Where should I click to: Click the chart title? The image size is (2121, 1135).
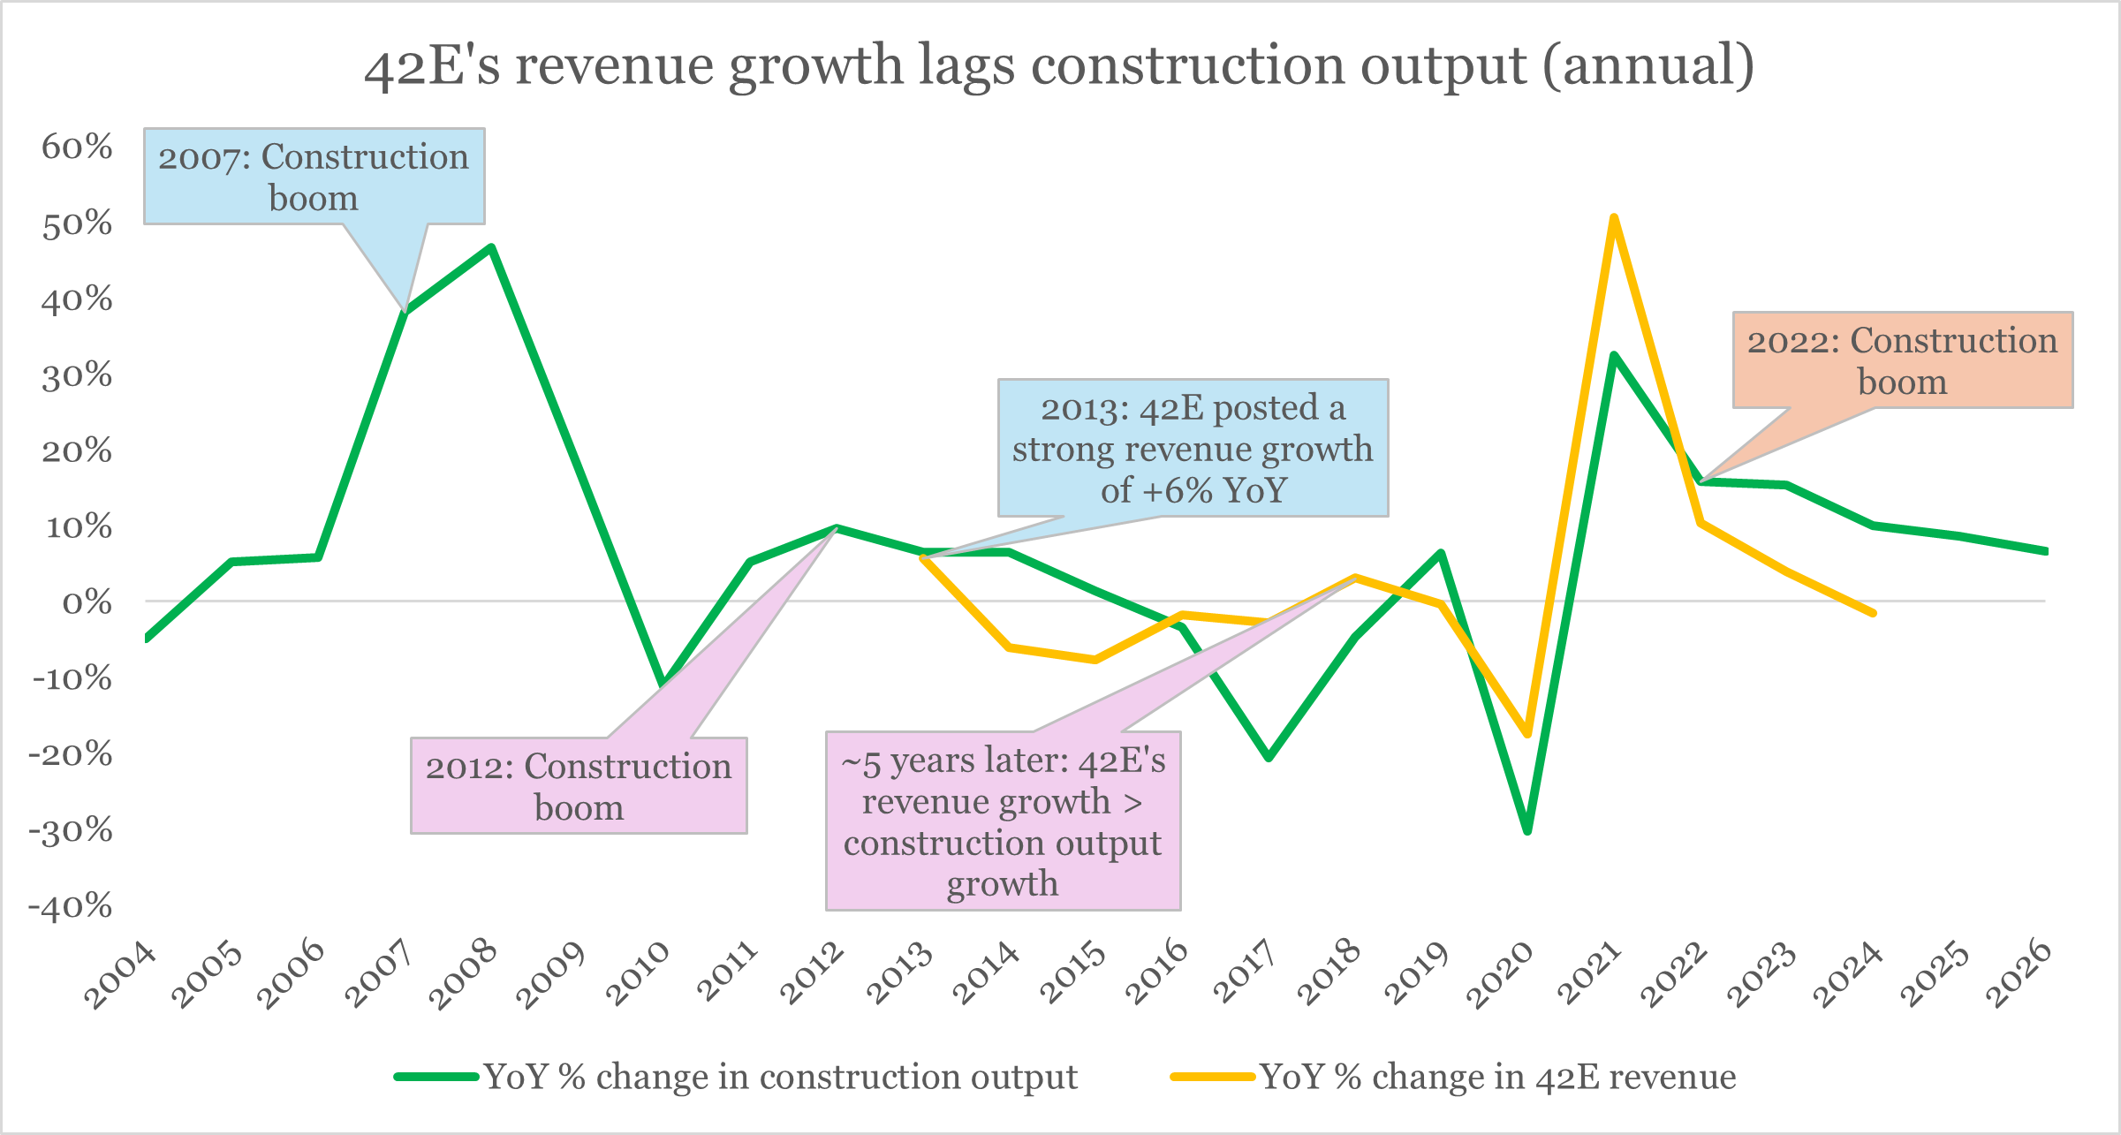(x=1059, y=66)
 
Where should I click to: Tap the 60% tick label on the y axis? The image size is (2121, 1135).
(x=77, y=147)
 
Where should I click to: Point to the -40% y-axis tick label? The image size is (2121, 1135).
(x=71, y=906)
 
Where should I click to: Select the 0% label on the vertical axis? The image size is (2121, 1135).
(x=87, y=602)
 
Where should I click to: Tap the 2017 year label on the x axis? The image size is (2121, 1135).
(x=1244, y=973)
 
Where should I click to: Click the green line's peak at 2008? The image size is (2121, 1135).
(x=491, y=247)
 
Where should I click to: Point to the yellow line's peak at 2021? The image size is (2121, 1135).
(x=1614, y=217)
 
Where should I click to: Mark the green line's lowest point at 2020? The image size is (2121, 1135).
(x=1527, y=830)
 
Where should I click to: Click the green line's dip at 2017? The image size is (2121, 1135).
(x=1269, y=758)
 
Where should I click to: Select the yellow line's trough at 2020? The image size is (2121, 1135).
(x=1527, y=734)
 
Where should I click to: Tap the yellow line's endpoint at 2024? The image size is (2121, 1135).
(x=1873, y=613)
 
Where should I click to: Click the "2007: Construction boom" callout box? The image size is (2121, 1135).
(x=314, y=177)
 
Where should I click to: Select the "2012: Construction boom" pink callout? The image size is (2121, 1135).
(x=579, y=786)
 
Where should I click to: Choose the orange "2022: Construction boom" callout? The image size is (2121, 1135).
(x=1903, y=360)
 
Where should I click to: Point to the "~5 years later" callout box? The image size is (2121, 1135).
(x=1004, y=821)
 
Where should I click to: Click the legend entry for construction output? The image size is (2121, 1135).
(x=736, y=1077)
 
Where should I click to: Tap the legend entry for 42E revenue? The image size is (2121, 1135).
(x=1453, y=1077)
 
